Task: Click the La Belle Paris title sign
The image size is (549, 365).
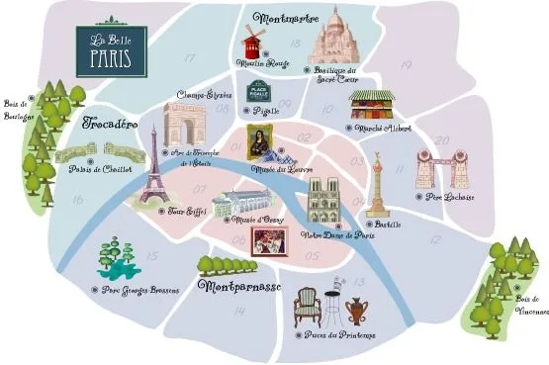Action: (112, 48)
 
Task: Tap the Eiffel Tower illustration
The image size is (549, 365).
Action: (153, 179)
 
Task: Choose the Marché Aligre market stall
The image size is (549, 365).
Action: (370, 105)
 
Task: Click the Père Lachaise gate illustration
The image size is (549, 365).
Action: (441, 169)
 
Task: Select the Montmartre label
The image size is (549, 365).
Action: (284, 18)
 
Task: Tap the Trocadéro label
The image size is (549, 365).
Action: (109, 127)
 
